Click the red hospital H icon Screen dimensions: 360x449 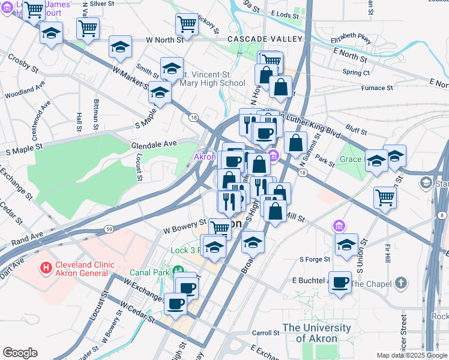point(44,266)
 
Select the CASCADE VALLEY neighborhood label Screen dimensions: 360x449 point(264,40)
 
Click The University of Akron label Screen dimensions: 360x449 point(316,333)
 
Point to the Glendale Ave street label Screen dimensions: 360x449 point(154,143)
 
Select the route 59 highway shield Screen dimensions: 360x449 point(109,229)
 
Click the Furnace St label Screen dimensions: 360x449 point(377,88)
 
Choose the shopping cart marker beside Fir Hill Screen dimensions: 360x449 point(384,197)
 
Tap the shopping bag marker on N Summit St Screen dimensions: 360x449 point(295,143)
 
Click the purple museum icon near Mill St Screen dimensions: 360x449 point(339,226)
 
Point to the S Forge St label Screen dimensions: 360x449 point(315,259)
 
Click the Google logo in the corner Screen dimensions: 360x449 point(20,353)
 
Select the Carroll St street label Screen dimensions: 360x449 point(266,332)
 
